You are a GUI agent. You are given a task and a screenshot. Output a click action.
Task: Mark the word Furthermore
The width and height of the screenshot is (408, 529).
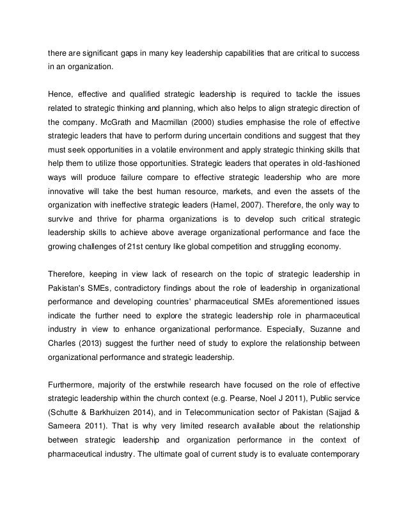coord(74,382)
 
